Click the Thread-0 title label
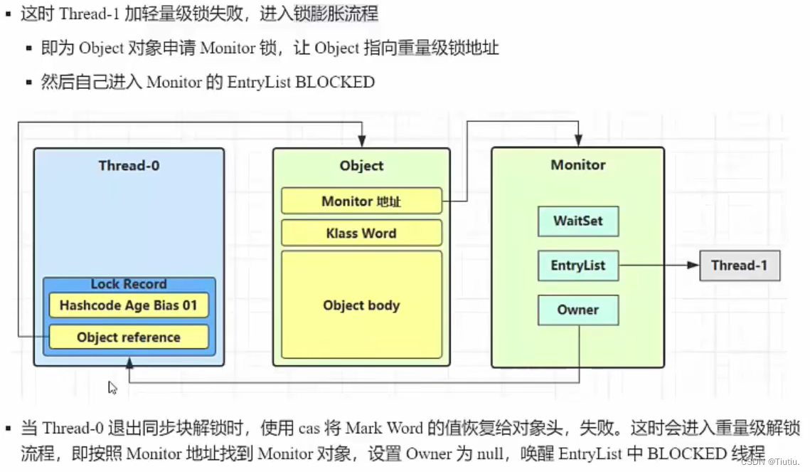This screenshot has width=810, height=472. coord(129,166)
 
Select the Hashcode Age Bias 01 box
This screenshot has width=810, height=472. coord(128,305)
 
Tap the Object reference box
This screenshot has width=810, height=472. coord(128,337)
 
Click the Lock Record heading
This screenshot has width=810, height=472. coord(128,284)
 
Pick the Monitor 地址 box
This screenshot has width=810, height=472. coord(361,201)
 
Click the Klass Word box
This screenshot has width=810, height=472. coord(361,234)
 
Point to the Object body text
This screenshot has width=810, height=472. coord(361,305)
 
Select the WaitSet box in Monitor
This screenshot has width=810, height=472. coord(577,221)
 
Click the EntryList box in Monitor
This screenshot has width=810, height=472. coord(577,266)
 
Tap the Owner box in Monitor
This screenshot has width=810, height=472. coord(577,310)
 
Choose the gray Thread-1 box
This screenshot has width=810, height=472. coord(739,266)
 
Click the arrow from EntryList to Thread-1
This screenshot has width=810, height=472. coord(658,266)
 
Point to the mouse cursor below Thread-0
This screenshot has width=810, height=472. coord(112,387)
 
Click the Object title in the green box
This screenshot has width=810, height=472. coord(361,166)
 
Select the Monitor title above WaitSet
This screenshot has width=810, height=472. coord(577,165)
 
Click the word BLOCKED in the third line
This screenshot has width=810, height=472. coord(334,82)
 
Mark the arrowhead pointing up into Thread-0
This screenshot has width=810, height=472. coord(129,362)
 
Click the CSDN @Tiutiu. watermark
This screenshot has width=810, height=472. coord(770,461)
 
